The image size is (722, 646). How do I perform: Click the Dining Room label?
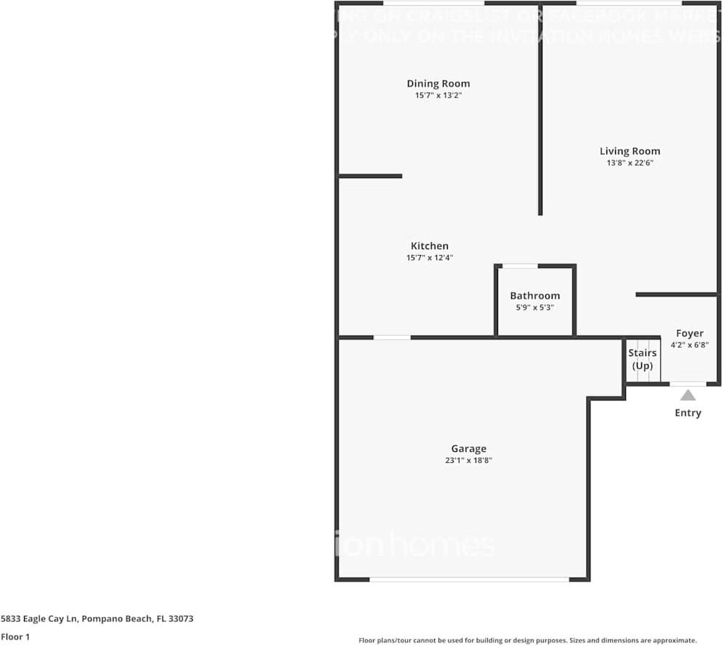tap(438, 84)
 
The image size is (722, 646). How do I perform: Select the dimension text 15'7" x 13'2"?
tap(438, 95)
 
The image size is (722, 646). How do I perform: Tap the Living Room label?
tap(630, 151)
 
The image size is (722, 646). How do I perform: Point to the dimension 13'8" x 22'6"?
tap(630, 163)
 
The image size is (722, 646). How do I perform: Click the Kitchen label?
tap(429, 246)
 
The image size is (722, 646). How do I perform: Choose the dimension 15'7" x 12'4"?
tap(429, 257)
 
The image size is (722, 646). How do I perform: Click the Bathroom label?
tap(534, 296)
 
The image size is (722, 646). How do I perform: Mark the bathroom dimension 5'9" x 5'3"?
tap(534, 307)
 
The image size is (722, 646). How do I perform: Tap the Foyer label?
tap(689, 334)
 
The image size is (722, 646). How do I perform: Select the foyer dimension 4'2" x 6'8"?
tap(689, 345)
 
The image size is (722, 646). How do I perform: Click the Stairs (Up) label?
tap(642, 359)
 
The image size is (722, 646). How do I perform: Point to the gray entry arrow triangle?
tap(687, 395)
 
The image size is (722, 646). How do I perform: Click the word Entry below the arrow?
tap(687, 413)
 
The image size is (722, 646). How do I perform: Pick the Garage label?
tap(468, 448)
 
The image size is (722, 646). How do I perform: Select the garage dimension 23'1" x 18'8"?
tap(468, 460)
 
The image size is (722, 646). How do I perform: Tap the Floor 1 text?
tap(15, 637)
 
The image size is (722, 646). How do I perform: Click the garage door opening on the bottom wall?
tap(469, 579)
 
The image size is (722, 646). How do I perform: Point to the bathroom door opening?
tap(520, 266)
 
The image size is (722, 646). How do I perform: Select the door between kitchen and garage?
tap(392, 337)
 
